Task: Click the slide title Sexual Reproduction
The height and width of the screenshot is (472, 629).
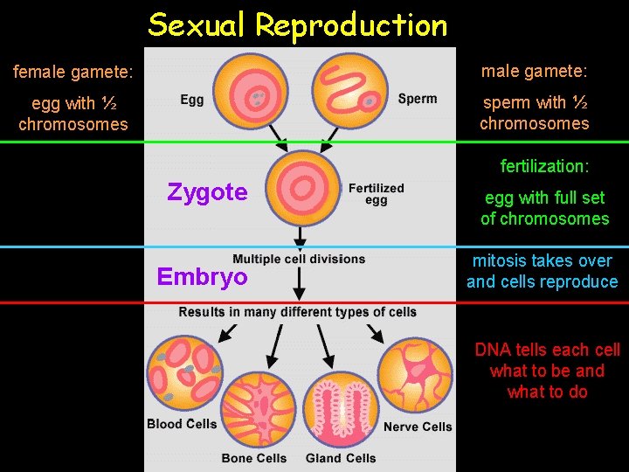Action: pos(297,25)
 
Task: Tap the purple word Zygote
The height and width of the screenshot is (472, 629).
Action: pos(207,191)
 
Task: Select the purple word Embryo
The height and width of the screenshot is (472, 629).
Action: pos(202,277)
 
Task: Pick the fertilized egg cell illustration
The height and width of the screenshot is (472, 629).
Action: pos(305,188)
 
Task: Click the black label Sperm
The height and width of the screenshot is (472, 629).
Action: pos(418,99)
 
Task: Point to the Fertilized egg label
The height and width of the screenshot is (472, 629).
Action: pos(376,193)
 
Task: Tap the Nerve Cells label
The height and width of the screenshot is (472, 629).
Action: pos(418,427)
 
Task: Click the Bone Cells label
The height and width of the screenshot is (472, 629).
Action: pos(254,458)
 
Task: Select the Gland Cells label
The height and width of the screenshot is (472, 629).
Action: pos(341,458)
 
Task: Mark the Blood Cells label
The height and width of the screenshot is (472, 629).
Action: pos(182,425)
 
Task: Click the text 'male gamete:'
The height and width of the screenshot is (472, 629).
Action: pos(534,70)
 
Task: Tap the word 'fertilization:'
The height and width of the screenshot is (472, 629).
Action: pos(544,166)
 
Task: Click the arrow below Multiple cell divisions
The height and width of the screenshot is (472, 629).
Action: pos(299,281)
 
